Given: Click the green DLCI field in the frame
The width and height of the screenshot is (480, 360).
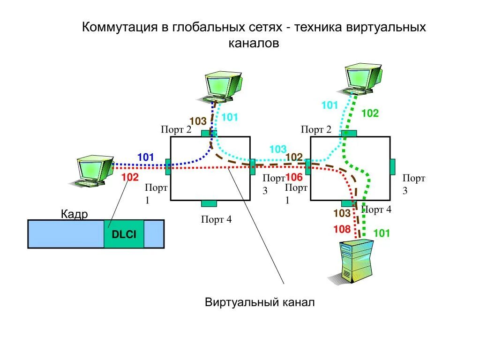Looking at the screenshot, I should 124,233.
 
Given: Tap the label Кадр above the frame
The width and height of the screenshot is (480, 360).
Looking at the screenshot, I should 75,215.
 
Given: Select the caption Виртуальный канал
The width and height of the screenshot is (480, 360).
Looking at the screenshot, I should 260,302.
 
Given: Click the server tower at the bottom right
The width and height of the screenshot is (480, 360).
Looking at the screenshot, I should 355,261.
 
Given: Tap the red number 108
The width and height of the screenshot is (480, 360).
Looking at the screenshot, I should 342,229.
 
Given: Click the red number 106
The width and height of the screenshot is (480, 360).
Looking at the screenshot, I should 294,177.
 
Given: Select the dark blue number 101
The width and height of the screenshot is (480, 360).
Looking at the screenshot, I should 145,157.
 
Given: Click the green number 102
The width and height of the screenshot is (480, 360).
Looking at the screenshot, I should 370,113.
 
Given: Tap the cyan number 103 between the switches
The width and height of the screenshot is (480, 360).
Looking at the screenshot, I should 277,149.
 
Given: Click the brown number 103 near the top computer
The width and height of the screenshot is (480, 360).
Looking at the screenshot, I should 198,121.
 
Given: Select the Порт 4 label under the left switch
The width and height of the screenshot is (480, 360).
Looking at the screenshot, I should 216,219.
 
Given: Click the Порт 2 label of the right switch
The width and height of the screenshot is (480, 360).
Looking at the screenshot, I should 316,129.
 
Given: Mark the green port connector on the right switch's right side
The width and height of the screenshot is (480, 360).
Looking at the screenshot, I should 392,166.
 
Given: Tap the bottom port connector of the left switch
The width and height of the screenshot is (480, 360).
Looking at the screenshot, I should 209,203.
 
